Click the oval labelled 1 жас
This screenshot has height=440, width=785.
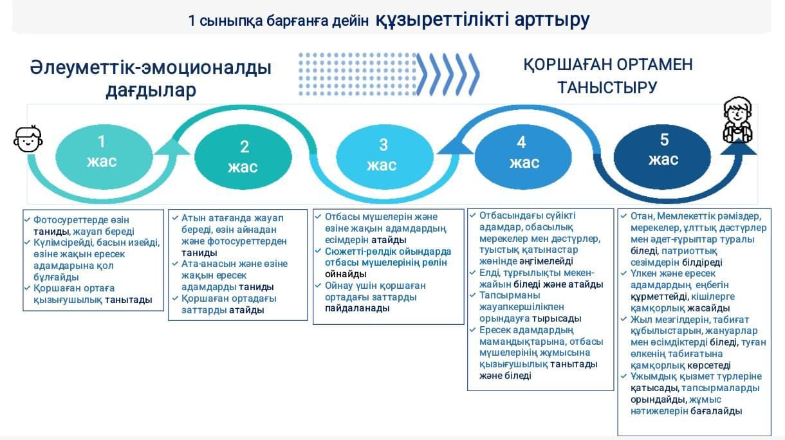pos(104,156)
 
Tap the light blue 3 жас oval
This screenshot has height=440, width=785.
pos(385,156)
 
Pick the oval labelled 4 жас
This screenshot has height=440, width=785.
pos(523,156)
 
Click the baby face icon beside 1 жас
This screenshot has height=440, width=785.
pos(28,139)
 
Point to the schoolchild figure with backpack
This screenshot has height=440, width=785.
pos(737,120)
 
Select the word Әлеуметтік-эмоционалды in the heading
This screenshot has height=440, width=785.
pos(151,68)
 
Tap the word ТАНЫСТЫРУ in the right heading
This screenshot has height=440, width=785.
pos(607,87)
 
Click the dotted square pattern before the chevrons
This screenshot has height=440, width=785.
pos(358,74)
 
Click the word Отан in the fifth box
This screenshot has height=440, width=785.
pos(642,216)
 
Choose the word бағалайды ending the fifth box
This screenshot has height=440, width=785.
pos(716,411)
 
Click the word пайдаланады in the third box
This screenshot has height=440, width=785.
pos(357,308)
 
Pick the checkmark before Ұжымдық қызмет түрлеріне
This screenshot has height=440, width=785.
pos(623,376)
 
